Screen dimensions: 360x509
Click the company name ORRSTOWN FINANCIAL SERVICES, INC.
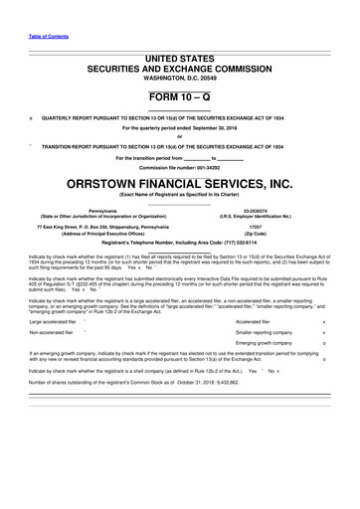click(x=180, y=185)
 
